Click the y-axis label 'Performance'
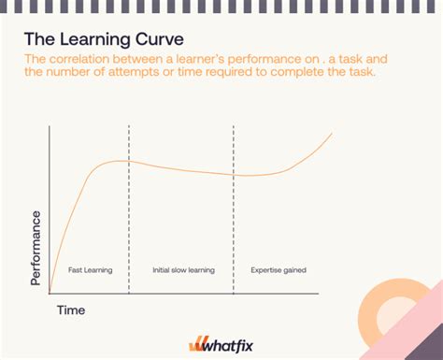[x=36, y=248]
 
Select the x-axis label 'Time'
[x=71, y=309]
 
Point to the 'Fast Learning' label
[x=90, y=270]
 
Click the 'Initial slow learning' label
[x=183, y=270]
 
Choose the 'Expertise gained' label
[x=279, y=270]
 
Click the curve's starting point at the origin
[x=50, y=291]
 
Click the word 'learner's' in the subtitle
[x=164, y=59]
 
